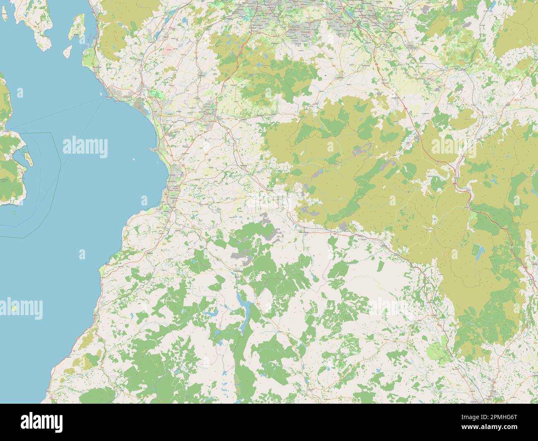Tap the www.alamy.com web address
pos(502,427)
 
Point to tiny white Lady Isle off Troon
pos(134,159)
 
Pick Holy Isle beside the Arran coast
pos(28,158)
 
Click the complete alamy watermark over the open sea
pos(85,146)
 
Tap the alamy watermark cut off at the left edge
pos(21,306)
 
